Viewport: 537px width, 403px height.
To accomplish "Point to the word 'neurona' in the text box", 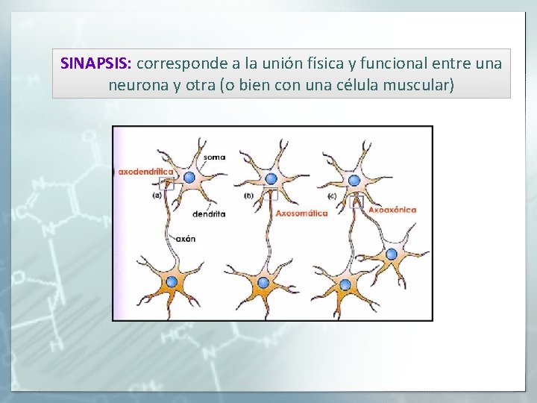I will (138, 85).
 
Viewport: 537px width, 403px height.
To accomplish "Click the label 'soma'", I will (214, 157).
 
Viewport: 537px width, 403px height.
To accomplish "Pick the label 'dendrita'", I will (208, 213).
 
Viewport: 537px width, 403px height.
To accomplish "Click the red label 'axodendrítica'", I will (145, 171).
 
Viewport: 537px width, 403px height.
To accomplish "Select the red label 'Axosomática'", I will (301, 213).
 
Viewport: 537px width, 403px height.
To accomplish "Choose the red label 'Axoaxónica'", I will (392, 210).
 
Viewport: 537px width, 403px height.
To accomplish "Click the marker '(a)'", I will (157, 196).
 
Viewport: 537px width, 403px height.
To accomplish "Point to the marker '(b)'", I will (249, 196).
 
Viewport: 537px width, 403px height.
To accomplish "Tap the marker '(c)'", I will (331, 196).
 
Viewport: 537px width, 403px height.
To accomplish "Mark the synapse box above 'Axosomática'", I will (271, 194).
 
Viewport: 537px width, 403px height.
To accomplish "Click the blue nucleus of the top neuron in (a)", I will (189, 178).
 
